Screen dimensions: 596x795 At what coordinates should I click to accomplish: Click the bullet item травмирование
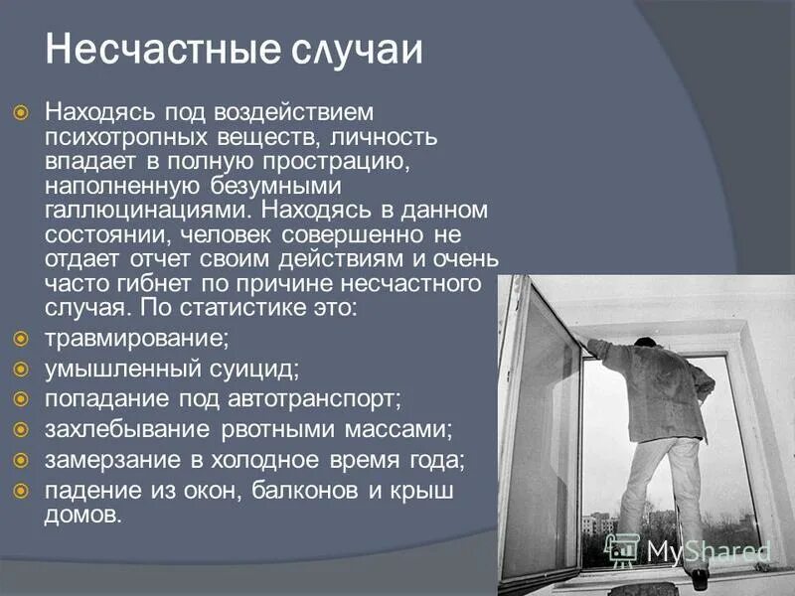point(136,338)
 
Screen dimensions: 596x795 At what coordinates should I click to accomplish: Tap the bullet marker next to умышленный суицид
point(22,369)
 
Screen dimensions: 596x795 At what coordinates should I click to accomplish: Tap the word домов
point(82,515)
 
